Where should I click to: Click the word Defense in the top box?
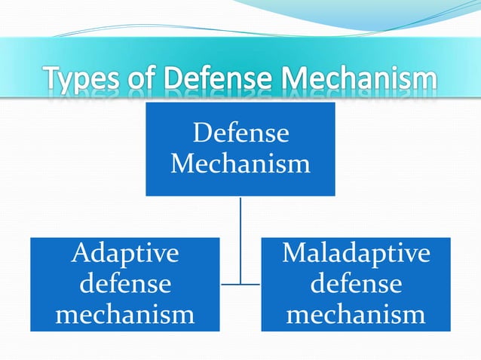(240, 133)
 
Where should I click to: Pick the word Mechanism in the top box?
(240, 163)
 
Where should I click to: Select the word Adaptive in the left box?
(125, 254)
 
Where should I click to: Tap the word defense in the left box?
(125, 284)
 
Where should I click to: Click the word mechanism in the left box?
(125, 314)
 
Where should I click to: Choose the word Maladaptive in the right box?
(356, 254)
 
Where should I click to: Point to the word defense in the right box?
(356, 284)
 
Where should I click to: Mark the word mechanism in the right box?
(356, 314)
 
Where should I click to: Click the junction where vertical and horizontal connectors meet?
(240, 284)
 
